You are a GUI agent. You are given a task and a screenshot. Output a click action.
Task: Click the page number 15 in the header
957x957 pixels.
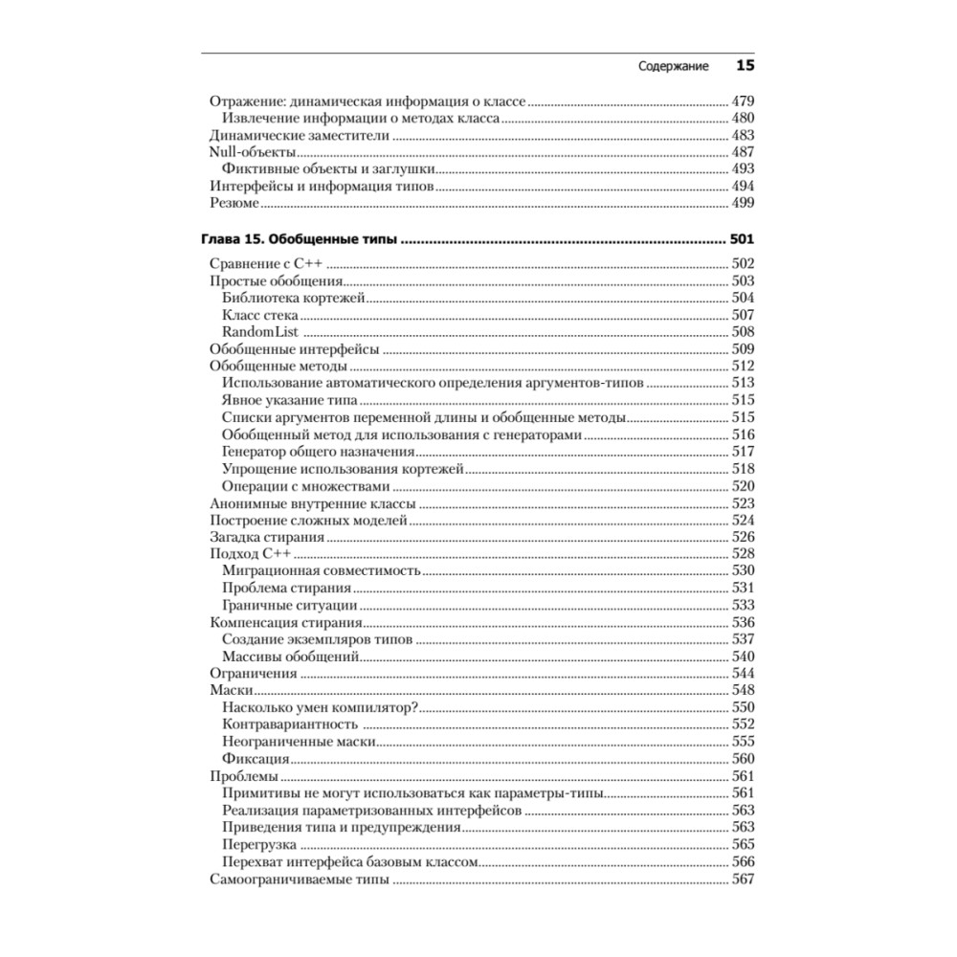745,67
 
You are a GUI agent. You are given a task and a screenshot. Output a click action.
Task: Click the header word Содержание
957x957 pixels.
673,68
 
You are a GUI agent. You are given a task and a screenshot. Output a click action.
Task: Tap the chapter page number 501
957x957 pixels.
743,240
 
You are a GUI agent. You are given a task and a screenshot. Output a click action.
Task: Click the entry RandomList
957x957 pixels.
260,332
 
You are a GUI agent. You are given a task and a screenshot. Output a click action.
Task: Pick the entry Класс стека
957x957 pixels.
260,315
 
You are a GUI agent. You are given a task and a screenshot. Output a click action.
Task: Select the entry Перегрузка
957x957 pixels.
258,845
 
